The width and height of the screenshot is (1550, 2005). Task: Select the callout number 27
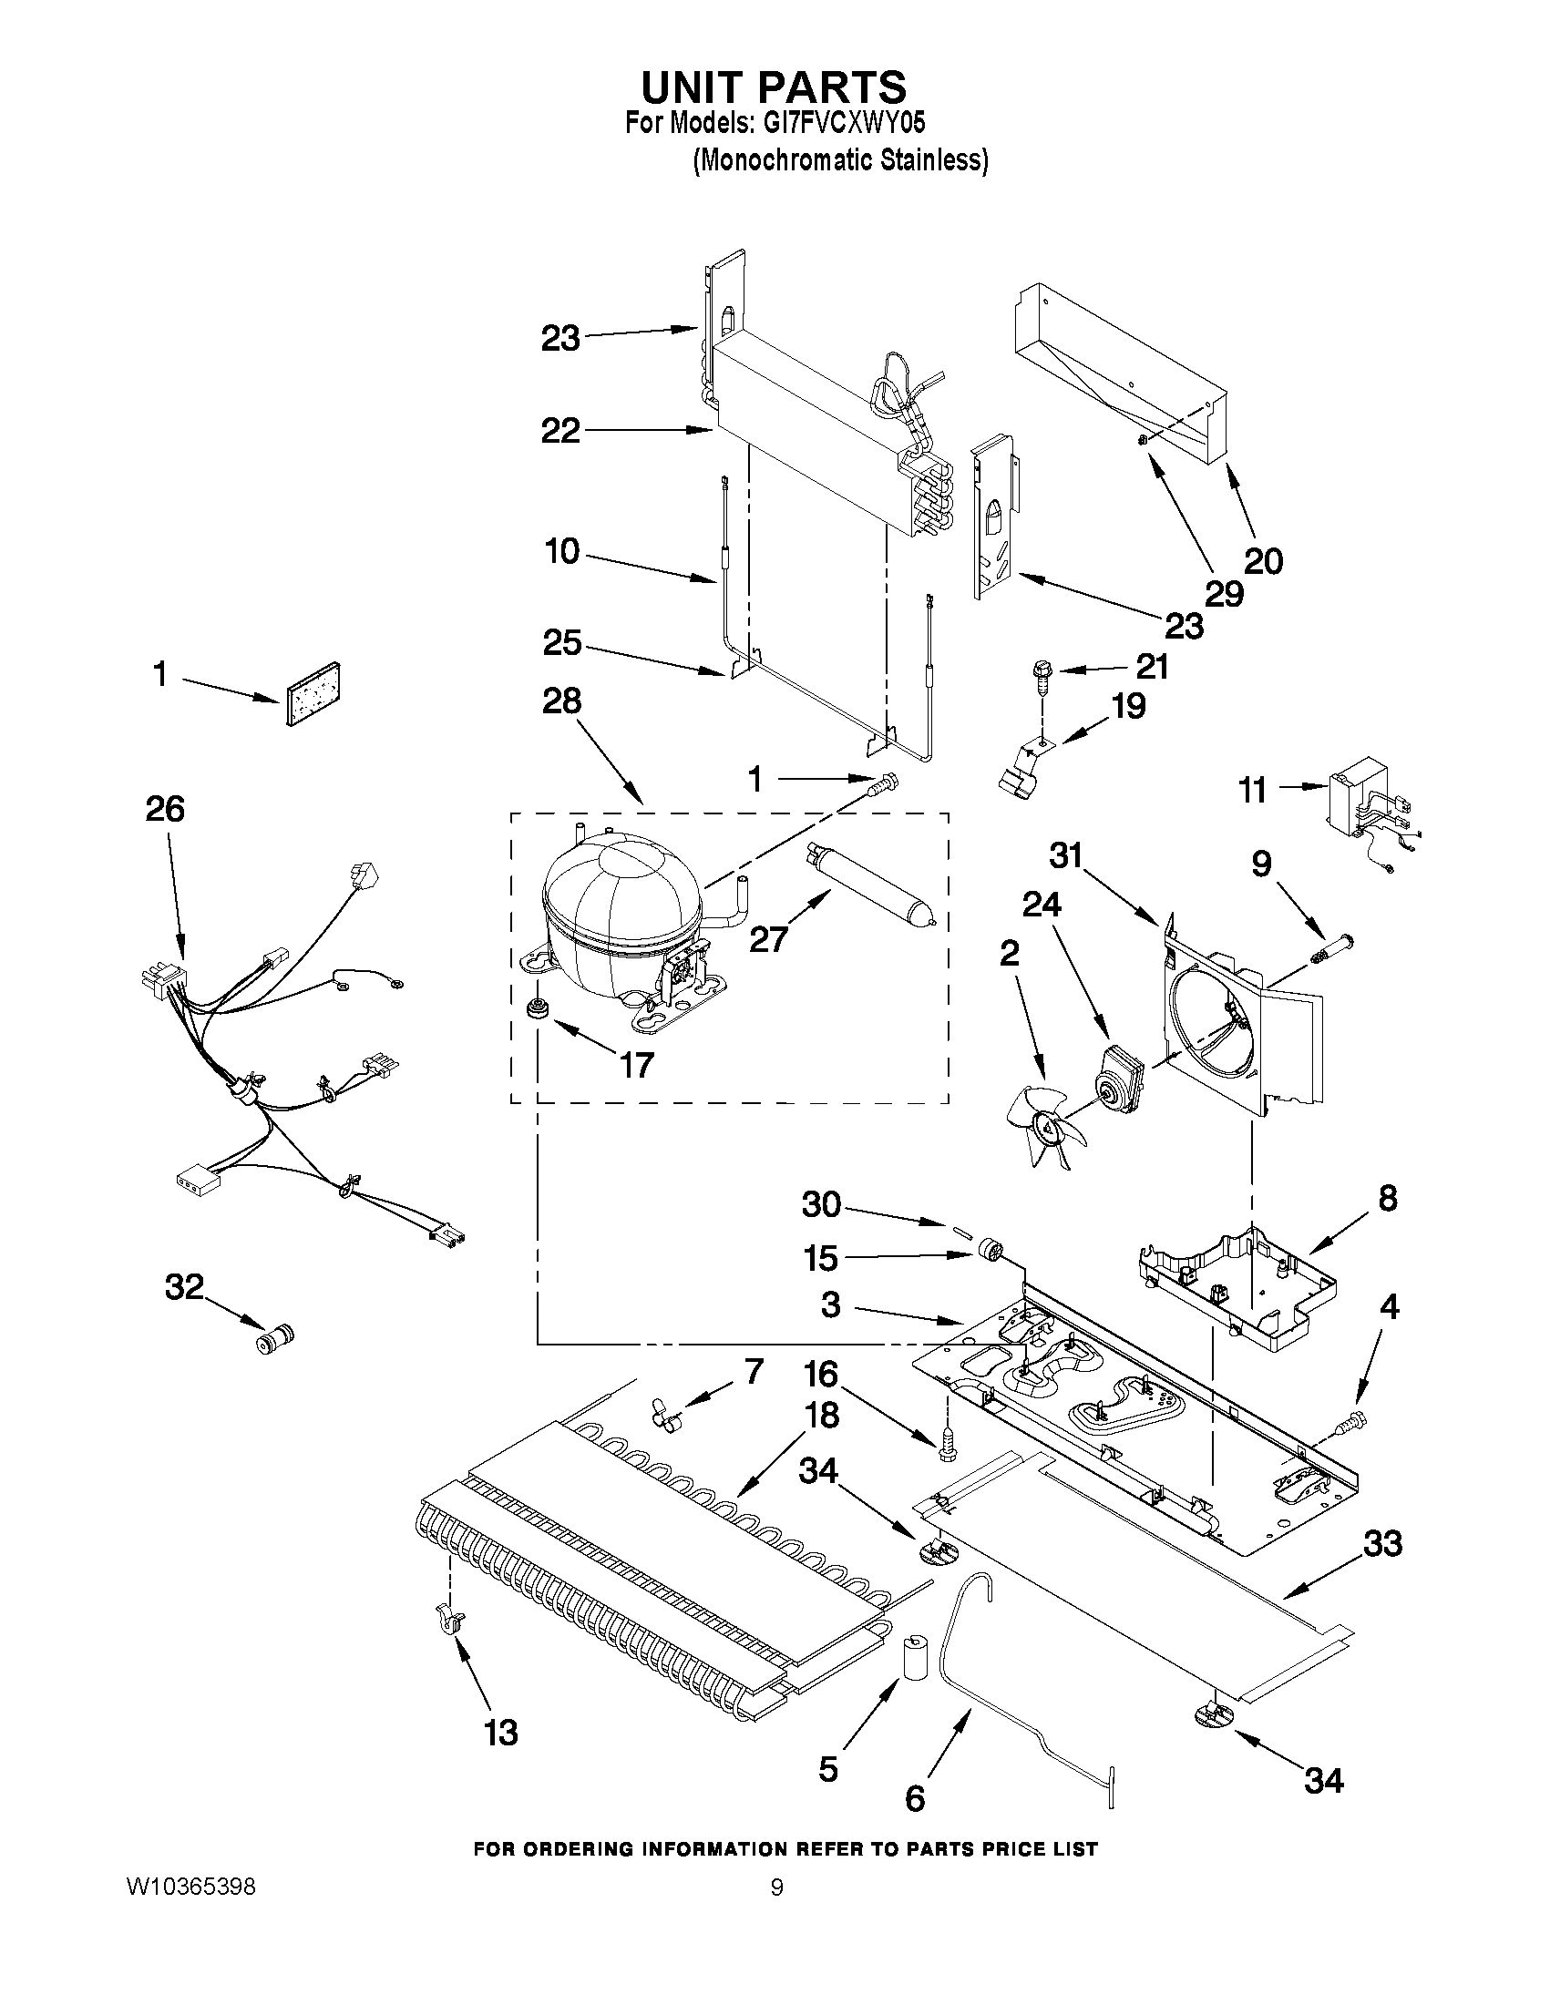[x=768, y=938]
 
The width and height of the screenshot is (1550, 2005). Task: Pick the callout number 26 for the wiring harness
[x=165, y=809]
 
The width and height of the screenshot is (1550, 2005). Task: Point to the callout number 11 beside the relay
[x=1254, y=790]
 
